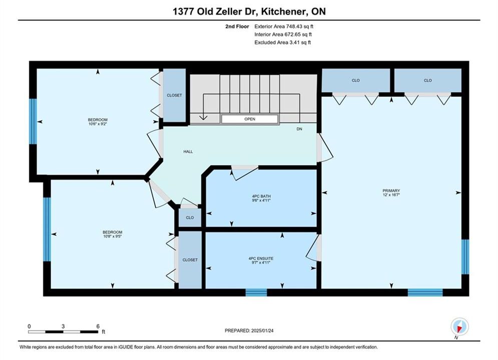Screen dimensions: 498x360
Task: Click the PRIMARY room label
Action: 391,190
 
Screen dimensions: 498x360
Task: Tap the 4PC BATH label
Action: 261,196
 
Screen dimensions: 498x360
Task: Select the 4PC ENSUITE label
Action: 261,258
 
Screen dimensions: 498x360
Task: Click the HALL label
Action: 188,151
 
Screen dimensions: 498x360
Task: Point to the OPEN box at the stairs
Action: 250,119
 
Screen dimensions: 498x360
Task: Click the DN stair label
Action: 299,129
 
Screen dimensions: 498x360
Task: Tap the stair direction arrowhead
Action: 203,117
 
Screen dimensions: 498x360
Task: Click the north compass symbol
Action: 459,326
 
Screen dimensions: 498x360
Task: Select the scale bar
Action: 63,332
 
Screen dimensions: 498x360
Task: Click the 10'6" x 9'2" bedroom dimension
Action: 98,124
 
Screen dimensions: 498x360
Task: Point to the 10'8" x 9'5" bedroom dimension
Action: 113,236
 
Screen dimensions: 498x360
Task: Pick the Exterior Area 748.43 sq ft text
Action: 284,26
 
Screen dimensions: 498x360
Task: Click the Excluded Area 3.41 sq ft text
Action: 282,42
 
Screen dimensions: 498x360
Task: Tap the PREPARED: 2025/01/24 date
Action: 249,330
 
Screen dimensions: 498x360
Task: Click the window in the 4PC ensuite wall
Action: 256,292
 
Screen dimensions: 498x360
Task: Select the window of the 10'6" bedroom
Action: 33,121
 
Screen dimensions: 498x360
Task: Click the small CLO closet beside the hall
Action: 190,217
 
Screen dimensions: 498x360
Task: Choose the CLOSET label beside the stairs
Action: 174,95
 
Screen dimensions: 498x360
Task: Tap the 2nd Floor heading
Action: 237,26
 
